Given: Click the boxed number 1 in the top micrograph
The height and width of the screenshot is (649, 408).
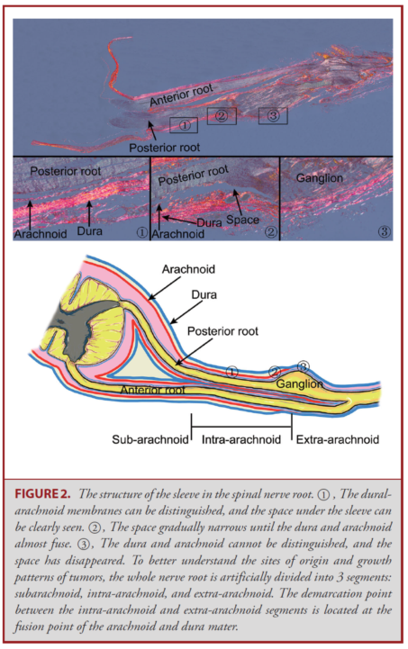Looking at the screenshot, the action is point(185,125).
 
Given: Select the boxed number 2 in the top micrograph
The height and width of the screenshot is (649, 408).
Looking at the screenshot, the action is point(222,116).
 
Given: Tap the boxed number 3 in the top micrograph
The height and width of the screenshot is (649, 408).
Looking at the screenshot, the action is point(273,115).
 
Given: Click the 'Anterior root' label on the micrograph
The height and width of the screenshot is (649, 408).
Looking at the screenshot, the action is point(181,95).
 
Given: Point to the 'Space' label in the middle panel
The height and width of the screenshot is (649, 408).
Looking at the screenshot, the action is point(242,220).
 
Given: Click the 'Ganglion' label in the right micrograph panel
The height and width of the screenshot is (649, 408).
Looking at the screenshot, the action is point(320,178).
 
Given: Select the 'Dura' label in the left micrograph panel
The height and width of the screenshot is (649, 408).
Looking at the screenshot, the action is point(89,230).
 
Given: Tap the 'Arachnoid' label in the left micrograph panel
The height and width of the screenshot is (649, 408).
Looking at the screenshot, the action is point(41,234).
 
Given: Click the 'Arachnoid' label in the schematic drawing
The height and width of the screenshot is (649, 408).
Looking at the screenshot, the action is point(188,269).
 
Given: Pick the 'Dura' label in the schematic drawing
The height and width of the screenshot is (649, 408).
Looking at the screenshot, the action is point(204,294).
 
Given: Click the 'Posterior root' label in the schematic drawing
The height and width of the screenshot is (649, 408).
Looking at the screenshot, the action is point(222,331).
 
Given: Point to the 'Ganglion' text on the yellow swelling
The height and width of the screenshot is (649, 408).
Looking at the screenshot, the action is point(299,383).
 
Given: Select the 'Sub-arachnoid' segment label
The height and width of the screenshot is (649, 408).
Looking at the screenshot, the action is point(150,439).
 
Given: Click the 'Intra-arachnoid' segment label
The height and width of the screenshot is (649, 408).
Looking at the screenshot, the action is point(241,439).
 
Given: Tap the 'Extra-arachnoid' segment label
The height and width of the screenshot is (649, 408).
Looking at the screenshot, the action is point(338,439).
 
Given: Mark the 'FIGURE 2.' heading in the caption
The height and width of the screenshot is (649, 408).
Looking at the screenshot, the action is point(42,494).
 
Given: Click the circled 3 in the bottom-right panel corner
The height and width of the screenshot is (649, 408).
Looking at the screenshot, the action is point(384,231).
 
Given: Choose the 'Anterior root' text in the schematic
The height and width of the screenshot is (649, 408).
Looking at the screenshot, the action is point(152,390).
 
